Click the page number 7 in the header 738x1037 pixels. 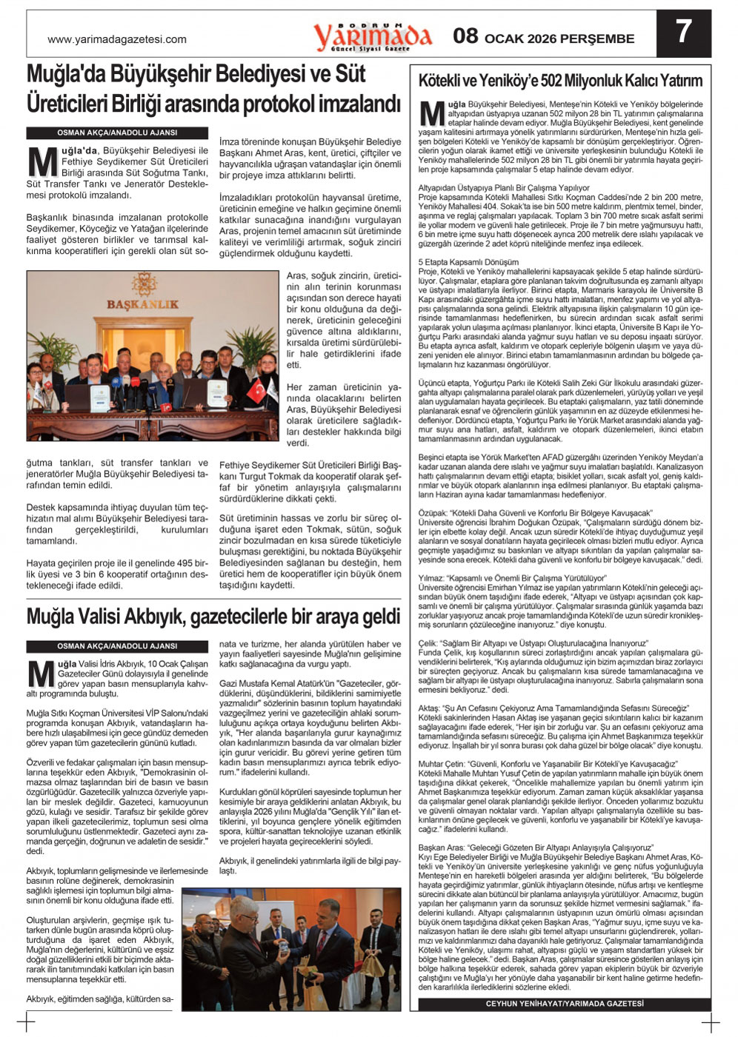(683, 32)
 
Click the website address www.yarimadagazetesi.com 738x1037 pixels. (117, 40)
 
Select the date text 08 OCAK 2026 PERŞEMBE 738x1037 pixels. (544, 37)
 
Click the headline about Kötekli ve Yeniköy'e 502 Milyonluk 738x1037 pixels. (560, 81)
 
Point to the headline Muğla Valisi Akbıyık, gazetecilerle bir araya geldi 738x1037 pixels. (213, 617)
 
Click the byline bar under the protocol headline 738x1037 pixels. (117, 133)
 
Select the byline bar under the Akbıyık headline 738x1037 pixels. (117, 646)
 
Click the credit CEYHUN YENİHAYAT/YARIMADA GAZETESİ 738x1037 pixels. (565, 1004)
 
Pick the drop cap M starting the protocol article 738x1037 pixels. (42, 162)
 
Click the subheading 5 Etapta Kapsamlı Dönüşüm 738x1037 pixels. (468, 262)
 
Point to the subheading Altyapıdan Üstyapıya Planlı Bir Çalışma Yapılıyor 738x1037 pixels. (504, 188)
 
